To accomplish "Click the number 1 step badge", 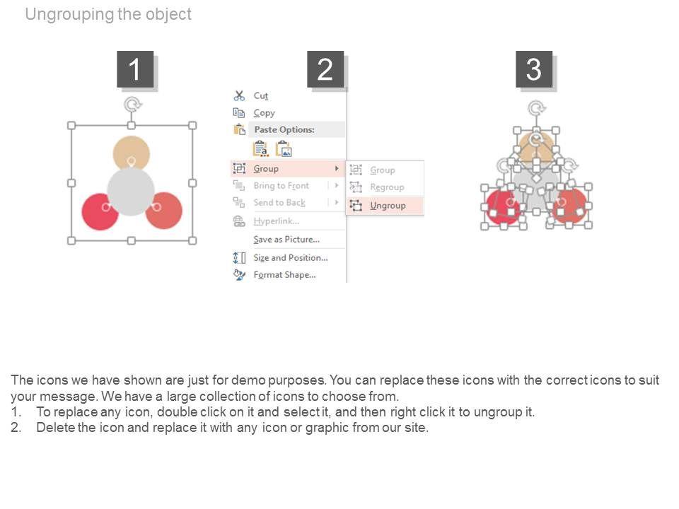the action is click(135, 69).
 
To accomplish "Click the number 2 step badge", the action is click(325, 69).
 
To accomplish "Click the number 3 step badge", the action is click(534, 69).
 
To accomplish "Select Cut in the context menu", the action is click(261, 95).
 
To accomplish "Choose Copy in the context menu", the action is click(264, 112).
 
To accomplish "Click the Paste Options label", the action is click(284, 129).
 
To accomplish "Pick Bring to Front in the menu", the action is click(281, 185).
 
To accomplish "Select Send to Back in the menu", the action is click(279, 202).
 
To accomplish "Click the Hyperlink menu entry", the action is click(277, 221).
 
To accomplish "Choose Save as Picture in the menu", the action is click(286, 239).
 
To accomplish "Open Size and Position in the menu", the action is click(290, 257).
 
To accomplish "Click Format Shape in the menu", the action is click(284, 274).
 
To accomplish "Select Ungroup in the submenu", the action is click(388, 205).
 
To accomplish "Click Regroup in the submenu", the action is click(387, 187).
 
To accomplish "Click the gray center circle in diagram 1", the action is click(131, 192).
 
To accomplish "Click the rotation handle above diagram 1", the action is click(132, 105).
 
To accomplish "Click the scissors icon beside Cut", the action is click(239, 95).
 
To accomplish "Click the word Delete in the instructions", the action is click(55, 427).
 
